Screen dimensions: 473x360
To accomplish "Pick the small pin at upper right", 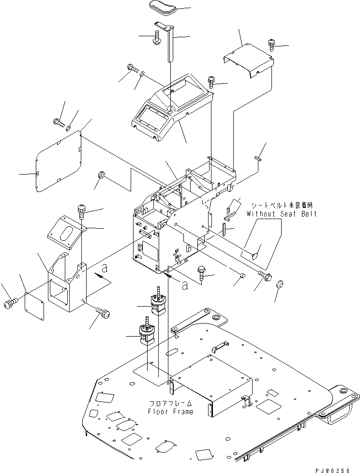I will (258, 157).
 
